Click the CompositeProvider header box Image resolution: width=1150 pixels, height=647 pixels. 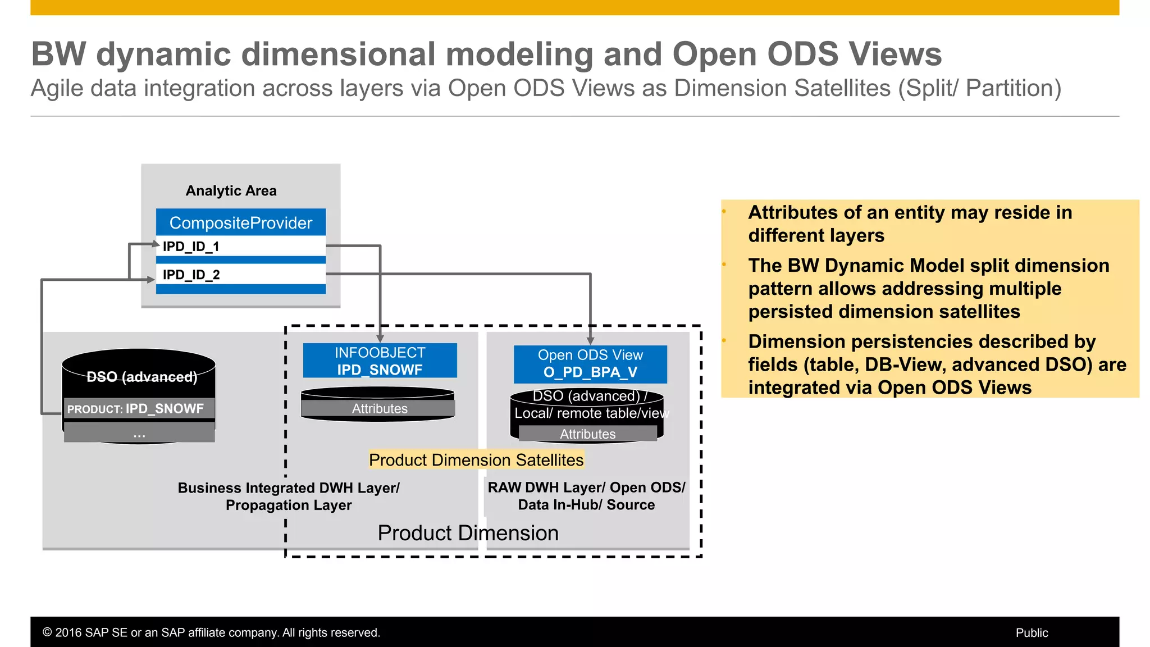click(240, 222)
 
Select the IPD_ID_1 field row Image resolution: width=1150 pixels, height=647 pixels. click(240, 246)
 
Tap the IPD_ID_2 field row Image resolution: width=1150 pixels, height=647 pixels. click(240, 275)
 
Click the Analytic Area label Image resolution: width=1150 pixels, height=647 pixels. click(231, 191)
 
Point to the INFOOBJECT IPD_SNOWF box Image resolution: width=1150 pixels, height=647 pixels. click(380, 361)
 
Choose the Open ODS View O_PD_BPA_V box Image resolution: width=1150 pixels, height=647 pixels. click(590, 364)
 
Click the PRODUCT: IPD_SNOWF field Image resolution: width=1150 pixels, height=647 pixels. click(139, 408)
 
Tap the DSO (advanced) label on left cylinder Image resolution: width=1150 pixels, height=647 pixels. click(142, 376)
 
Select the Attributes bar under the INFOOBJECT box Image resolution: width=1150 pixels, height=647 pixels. click(379, 408)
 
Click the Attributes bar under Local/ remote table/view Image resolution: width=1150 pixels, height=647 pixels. click(587, 434)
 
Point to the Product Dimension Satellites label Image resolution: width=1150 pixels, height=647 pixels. click(476, 460)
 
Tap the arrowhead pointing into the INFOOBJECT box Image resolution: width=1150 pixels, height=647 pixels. click(380, 339)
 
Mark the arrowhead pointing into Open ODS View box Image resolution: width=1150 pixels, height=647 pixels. click(590, 340)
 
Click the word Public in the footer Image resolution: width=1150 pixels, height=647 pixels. click(1032, 632)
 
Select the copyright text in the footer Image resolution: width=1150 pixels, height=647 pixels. click(211, 632)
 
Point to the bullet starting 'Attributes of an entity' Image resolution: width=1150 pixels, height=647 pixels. click(910, 224)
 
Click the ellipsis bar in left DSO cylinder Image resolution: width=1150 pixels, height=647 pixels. click(139, 433)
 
